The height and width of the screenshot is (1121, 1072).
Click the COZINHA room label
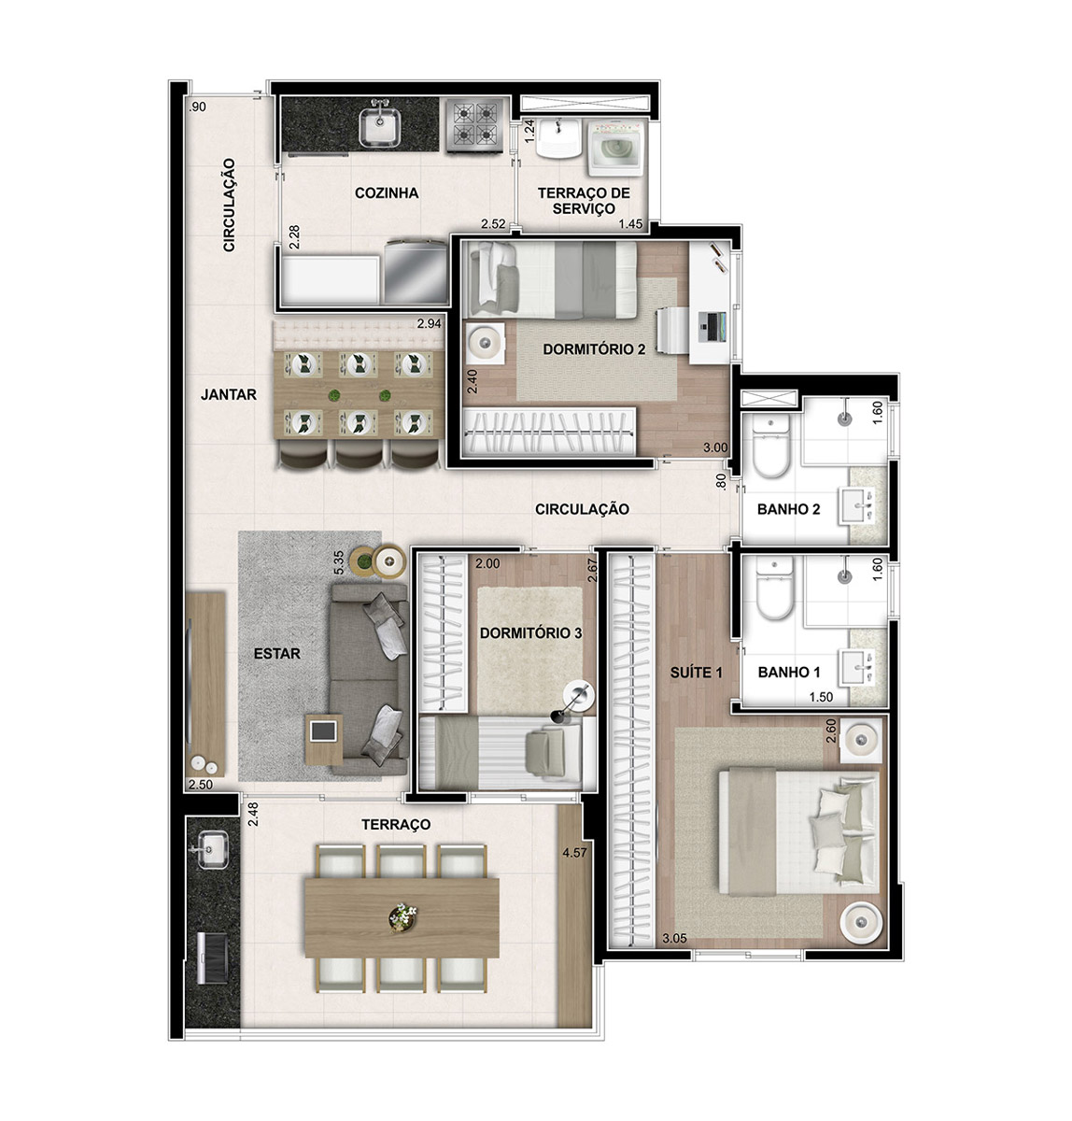click(x=387, y=193)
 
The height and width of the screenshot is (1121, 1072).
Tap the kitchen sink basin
click(x=380, y=127)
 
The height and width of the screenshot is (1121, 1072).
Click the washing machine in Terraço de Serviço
click(x=614, y=148)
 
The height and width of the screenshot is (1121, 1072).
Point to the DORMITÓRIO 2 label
click(x=594, y=349)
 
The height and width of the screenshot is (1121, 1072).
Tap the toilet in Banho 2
click(x=770, y=444)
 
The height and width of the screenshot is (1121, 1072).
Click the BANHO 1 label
click(x=789, y=673)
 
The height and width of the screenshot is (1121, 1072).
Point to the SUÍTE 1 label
click(x=696, y=673)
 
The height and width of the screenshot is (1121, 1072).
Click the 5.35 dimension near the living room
click(x=339, y=561)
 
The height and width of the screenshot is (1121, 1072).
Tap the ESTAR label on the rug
click(x=277, y=654)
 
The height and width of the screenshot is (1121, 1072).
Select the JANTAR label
click(x=229, y=394)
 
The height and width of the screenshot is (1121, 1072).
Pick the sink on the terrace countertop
click(x=213, y=849)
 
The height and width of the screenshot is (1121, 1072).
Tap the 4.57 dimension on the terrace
click(x=574, y=853)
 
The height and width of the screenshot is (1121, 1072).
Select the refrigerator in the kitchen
click(x=416, y=272)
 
